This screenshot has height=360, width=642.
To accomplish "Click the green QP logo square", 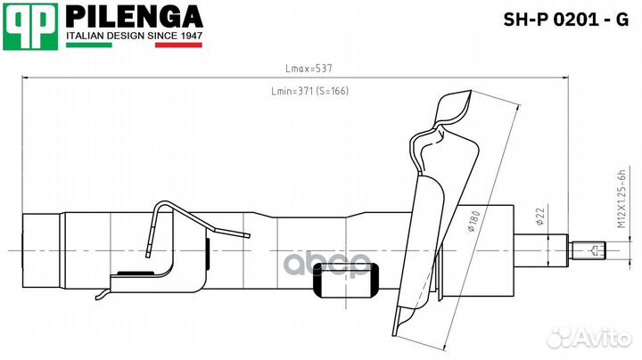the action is (30, 27).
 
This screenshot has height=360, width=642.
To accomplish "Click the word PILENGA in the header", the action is (135, 17).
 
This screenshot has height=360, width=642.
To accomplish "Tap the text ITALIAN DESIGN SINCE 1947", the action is (135, 36).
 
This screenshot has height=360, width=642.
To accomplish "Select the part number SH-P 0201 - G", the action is (565, 20).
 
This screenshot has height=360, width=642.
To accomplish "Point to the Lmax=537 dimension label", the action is (309, 69).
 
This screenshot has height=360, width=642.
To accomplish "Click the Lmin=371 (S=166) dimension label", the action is (310, 91).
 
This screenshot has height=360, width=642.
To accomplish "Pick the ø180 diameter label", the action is (473, 221).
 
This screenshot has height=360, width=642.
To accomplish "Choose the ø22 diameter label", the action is (540, 217).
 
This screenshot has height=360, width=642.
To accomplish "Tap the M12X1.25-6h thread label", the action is (621, 199).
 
